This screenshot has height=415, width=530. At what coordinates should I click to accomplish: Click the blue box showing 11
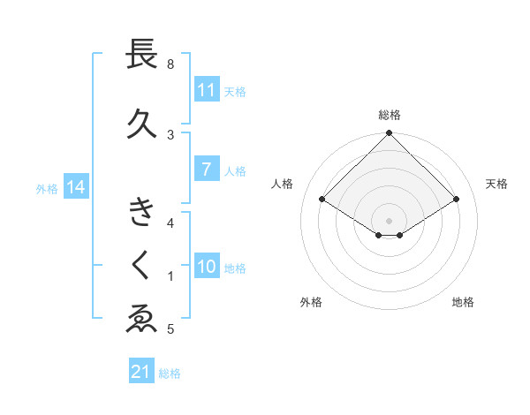207,90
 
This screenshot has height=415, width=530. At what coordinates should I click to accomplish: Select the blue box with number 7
207,170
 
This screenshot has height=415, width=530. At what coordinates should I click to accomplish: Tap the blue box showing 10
207,267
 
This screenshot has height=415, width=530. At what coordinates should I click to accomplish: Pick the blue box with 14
75,187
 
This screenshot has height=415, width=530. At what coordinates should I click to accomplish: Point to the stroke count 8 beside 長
170,64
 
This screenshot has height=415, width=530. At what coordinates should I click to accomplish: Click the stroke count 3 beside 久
170,134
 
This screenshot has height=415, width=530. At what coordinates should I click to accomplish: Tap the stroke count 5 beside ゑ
170,330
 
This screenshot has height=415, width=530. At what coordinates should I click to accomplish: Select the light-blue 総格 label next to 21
170,373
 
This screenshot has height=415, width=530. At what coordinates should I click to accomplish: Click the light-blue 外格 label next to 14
47,188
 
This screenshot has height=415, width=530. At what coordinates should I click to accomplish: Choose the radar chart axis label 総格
390,115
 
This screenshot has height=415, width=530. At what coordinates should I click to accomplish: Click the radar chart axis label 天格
497,184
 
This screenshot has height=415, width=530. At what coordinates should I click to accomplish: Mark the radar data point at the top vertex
390,133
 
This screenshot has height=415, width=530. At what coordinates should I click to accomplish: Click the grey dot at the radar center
390,220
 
